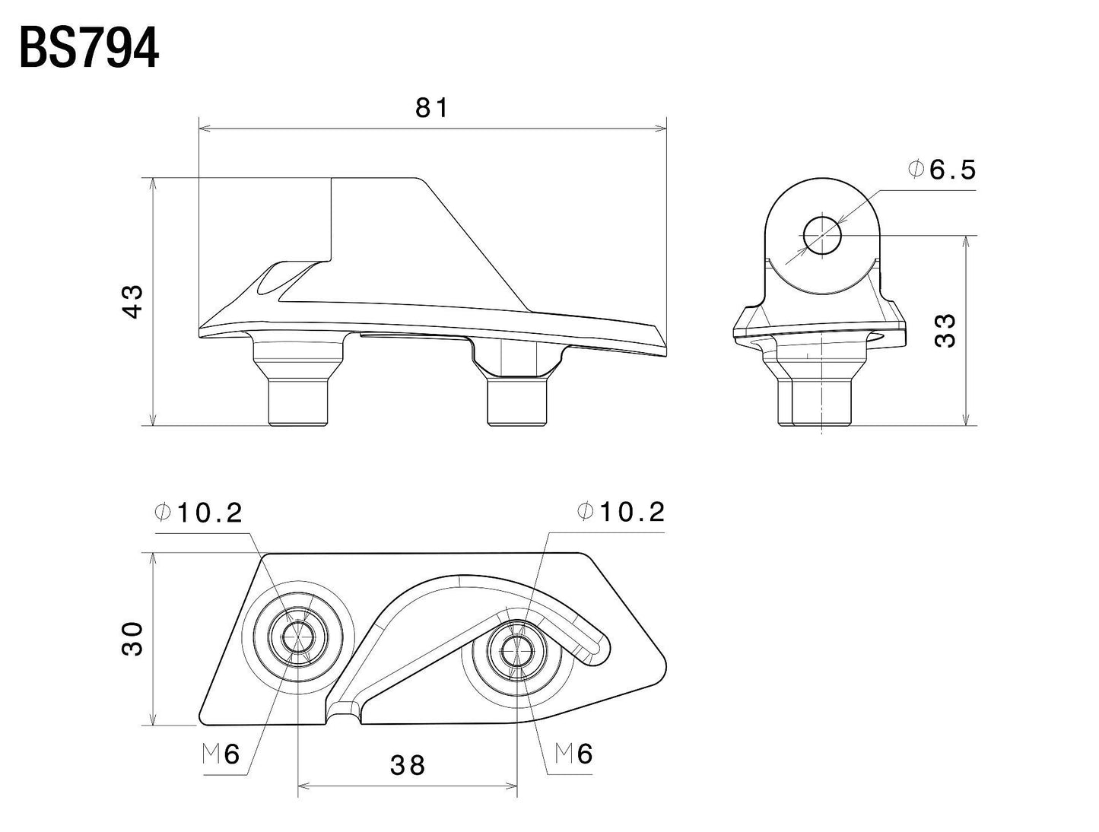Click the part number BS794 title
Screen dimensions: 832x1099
click(89, 49)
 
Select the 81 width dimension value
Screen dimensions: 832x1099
click(432, 109)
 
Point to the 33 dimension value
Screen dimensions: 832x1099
click(945, 330)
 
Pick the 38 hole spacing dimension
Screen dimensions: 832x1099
click(407, 765)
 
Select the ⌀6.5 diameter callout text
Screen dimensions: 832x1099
click(942, 170)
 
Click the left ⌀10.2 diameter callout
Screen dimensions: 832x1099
click(199, 513)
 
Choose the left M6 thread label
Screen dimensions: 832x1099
click(221, 754)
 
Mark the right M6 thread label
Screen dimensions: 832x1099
click(574, 754)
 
